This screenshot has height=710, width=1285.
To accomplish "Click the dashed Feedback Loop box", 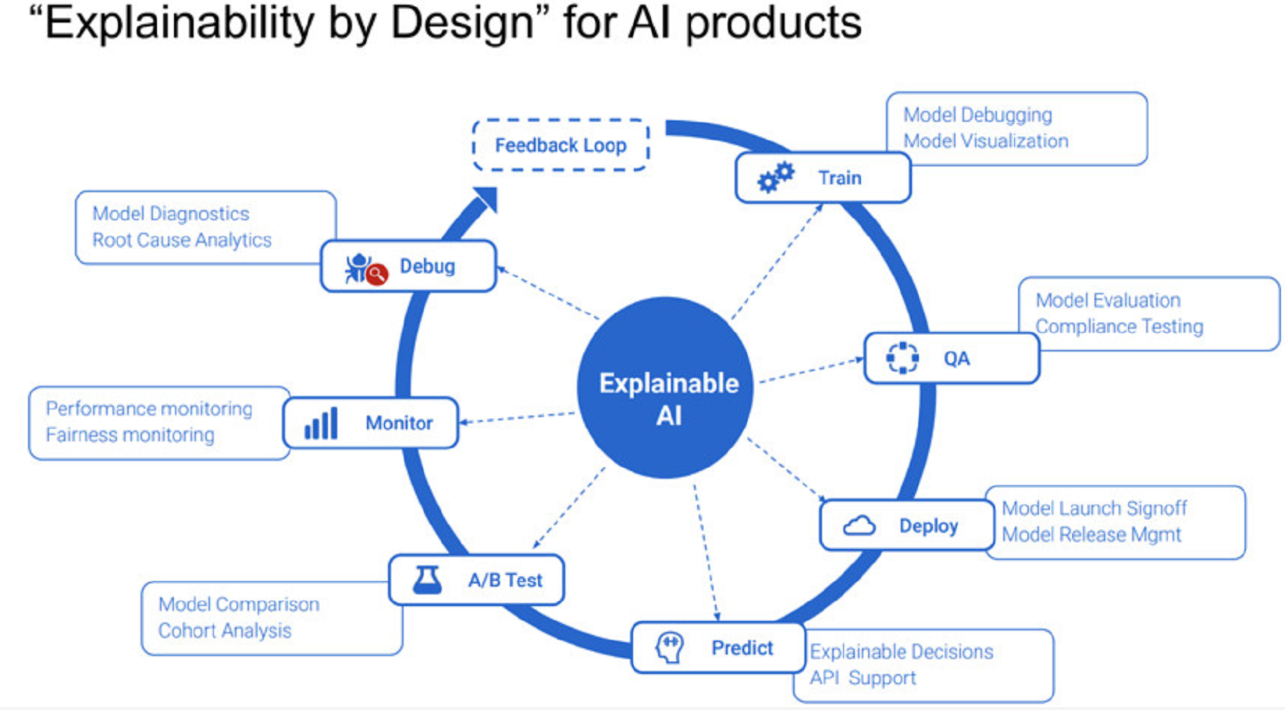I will click(x=561, y=145).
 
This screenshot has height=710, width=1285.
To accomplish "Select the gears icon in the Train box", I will click(x=775, y=177).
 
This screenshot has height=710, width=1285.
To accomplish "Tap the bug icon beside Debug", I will click(x=364, y=268).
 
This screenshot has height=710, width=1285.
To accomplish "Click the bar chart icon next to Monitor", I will click(x=321, y=423).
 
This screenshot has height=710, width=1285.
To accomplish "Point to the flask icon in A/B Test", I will click(x=427, y=580).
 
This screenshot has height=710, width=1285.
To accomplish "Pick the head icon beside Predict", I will click(x=669, y=648).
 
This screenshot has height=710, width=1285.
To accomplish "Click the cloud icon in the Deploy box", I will click(x=859, y=526).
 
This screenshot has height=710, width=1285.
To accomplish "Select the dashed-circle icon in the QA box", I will click(x=902, y=358).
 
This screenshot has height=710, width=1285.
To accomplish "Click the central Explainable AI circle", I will click(x=666, y=388).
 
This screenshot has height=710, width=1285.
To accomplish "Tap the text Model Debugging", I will click(x=977, y=115).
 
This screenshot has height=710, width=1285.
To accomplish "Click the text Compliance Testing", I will click(x=1119, y=326).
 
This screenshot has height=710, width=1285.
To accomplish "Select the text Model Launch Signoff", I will click(x=1094, y=508).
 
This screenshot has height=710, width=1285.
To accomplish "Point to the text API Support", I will click(x=863, y=678).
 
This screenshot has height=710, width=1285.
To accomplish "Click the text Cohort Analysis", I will click(x=224, y=630).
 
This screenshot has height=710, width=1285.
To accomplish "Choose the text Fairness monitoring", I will click(x=130, y=435).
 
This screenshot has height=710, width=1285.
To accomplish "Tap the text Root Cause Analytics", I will click(x=181, y=240).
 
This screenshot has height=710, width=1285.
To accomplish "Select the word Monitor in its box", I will click(x=399, y=423).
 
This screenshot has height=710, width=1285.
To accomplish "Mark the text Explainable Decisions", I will click(x=901, y=651).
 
